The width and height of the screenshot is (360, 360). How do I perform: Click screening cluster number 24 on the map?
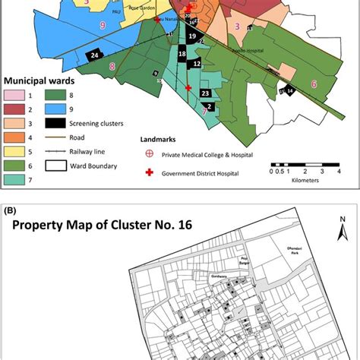pos(94,55)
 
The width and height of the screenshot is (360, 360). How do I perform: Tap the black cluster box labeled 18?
pos(182,55)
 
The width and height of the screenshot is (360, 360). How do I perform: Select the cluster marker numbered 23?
pos(205,93)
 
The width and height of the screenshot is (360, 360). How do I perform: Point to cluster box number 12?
pos(197,65)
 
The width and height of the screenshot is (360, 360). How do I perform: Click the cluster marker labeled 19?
pos(192,36)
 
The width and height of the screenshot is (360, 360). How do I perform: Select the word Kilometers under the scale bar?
pos(298,181)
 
